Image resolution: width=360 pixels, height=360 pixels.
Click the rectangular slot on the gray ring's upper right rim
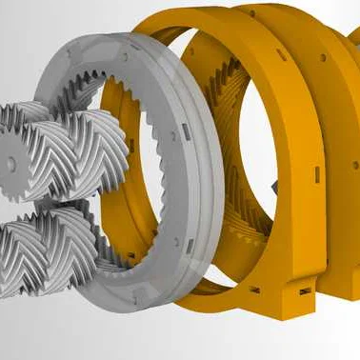coord(180,125)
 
